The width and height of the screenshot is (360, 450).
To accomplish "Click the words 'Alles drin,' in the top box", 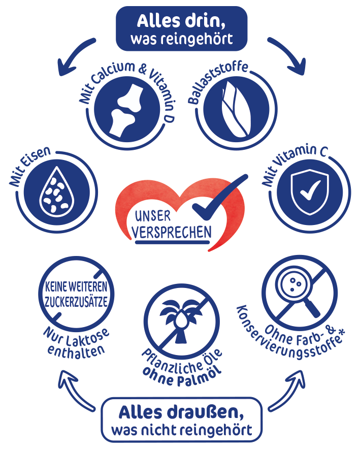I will pos(181,21).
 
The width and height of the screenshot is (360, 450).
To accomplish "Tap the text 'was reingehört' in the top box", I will pos(181,39).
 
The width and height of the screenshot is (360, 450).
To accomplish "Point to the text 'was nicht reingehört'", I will pos(181,431).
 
